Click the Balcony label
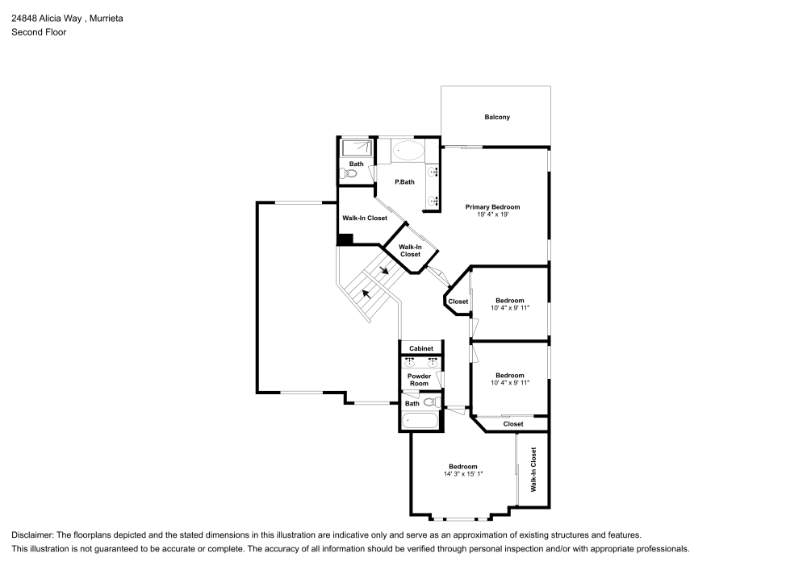[497, 118]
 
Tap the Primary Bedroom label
[492, 207]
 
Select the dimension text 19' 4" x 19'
[492, 215]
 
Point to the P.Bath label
[404, 182]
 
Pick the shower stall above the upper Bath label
[357, 148]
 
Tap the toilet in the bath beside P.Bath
[352, 173]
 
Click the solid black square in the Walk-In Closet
[345, 239]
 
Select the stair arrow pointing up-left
[367, 293]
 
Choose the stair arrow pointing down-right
[385, 270]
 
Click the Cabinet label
[421, 348]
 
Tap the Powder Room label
[419, 380]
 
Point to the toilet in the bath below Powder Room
[430, 401]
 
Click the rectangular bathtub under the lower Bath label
[420, 420]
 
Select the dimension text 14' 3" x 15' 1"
[463, 474]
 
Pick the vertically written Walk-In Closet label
[533, 470]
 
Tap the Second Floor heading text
[39, 32]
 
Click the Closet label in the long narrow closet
[513, 424]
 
